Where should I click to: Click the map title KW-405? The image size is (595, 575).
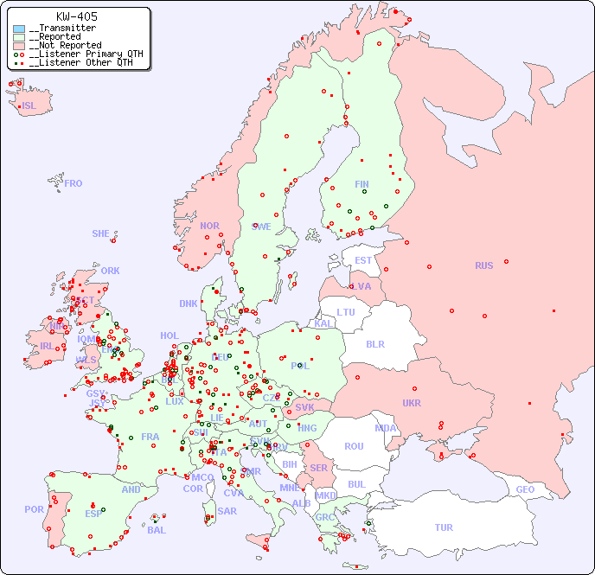pos(77,16)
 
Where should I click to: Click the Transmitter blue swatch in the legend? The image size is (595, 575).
pos(19,29)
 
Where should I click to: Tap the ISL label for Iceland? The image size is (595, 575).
pos(29,106)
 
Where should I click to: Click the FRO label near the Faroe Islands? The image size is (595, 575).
pos(74,183)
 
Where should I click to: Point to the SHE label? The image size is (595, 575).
pos(101,233)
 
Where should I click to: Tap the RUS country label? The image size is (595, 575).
pos(483,265)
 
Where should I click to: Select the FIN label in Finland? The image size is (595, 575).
pos(361,184)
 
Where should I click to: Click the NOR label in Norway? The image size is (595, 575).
pos(209,226)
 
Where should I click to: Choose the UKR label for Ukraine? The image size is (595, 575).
pos(412,403)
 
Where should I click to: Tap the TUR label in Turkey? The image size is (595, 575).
pos(444,527)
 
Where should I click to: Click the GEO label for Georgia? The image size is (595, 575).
pos(525,489)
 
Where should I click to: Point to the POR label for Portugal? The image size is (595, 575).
pos(34,509)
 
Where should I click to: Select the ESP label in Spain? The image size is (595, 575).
pos(93,513)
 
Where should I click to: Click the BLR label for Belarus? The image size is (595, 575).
pos(374,343)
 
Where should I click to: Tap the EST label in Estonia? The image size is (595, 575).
pos(363,260)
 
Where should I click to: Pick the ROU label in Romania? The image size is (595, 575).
pos(354,446)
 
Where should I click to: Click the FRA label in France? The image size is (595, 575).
pos(150,437)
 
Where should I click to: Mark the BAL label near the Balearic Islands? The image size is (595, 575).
pos(157,530)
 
